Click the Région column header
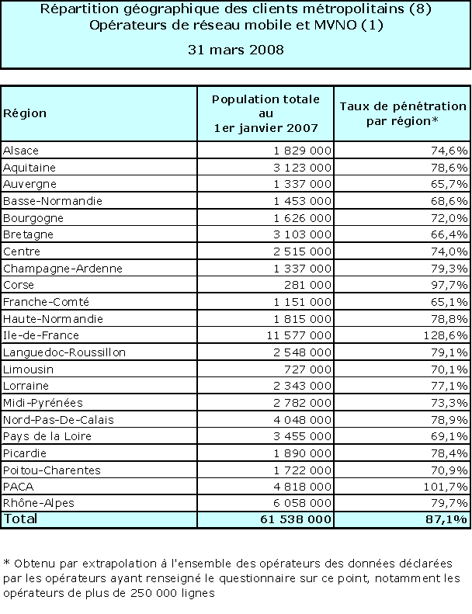tap(25, 113)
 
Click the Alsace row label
tap(21, 151)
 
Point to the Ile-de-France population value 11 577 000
tap(296, 336)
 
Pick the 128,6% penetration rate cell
tap(447, 336)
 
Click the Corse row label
tap(18, 286)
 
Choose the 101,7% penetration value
tap(447, 487)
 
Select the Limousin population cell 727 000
tap(309, 369)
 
